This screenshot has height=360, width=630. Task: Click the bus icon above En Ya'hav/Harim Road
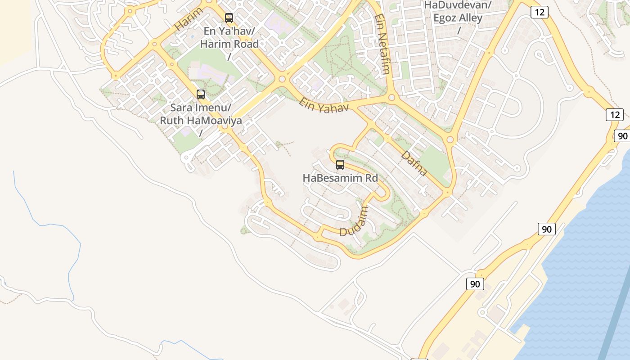pos(229,18)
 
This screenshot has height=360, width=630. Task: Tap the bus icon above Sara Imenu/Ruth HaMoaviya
pos(201,94)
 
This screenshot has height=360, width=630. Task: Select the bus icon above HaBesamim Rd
pos(340,165)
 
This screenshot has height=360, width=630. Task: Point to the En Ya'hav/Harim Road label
pos(229,38)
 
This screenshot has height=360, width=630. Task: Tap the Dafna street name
pos(414,163)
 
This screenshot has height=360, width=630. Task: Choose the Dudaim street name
pos(354,221)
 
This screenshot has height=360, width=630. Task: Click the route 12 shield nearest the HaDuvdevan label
pos(539,12)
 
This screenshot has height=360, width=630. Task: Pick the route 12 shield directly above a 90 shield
pos(614,115)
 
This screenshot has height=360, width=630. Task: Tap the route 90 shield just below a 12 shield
pos(622,136)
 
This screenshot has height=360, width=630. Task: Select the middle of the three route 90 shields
pos(546,229)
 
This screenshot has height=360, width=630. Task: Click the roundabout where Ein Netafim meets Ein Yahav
pos(391,97)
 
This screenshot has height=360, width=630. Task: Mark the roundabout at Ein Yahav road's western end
pos(282,80)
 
